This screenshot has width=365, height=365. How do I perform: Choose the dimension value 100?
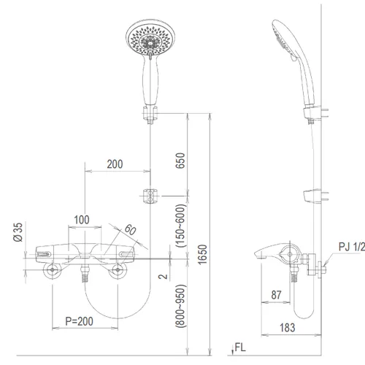click(x=82, y=220)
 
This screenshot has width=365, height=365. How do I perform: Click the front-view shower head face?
click(x=150, y=42)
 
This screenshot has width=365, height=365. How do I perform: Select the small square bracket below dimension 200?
click(x=150, y=196)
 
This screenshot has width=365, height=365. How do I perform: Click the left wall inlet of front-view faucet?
click(x=54, y=272)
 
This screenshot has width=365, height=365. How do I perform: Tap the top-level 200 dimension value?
click(x=114, y=164)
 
